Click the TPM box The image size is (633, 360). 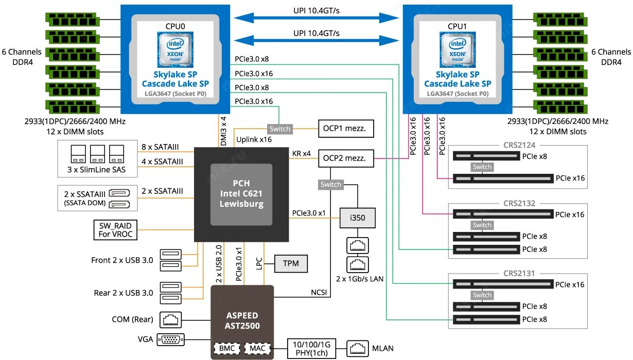[x=291, y=264]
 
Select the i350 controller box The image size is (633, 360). [x=357, y=218]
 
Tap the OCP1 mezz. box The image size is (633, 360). [x=345, y=129]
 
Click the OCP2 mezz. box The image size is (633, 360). [x=345, y=158]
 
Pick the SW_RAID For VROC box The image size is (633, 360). [x=115, y=230]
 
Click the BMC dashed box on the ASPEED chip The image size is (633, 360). [x=226, y=348]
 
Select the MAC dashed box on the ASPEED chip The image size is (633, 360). [x=257, y=348]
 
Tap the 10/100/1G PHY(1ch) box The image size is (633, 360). [x=312, y=348]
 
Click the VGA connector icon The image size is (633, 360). [x=170, y=339]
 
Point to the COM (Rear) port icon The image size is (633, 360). [x=170, y=319]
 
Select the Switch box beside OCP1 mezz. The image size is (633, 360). [x=280, y=129]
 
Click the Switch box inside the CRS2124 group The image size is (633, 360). [x=482, y=167]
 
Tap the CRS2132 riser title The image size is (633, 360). [x=518, y=203]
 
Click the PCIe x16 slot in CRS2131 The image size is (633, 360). [x=503, y=284]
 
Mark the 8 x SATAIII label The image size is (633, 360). [x=160, y=147]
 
